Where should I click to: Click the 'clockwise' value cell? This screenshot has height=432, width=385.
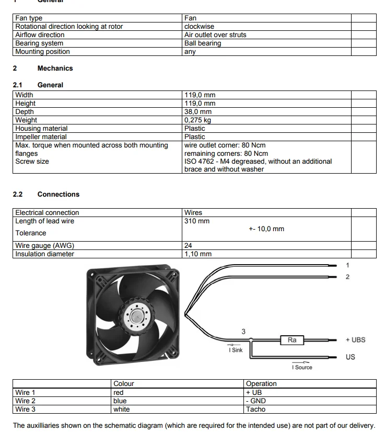199,26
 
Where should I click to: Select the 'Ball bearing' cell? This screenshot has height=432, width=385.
203,43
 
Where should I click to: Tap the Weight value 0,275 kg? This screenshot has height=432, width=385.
197,120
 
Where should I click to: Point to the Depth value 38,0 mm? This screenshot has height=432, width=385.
198,111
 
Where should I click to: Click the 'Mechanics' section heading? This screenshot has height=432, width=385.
55,68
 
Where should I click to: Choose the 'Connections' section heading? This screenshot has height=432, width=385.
58,194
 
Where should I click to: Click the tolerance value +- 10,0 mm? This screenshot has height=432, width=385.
266,229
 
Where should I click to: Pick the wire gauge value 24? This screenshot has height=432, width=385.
189,245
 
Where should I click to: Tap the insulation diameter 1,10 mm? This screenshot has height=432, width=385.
198,254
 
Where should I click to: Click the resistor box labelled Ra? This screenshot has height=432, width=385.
292,340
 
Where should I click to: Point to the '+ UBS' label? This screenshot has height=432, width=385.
355,339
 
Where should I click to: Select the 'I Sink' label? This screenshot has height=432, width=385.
236,350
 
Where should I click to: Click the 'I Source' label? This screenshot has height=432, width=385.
302,367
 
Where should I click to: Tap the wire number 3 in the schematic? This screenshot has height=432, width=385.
243,332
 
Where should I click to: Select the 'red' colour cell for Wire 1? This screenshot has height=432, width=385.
119,392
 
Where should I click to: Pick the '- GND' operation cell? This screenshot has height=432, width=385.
255,401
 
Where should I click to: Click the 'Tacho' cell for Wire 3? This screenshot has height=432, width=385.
255,409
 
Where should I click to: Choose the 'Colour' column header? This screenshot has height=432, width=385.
124,383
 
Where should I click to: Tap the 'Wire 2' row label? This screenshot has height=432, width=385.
26,401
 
